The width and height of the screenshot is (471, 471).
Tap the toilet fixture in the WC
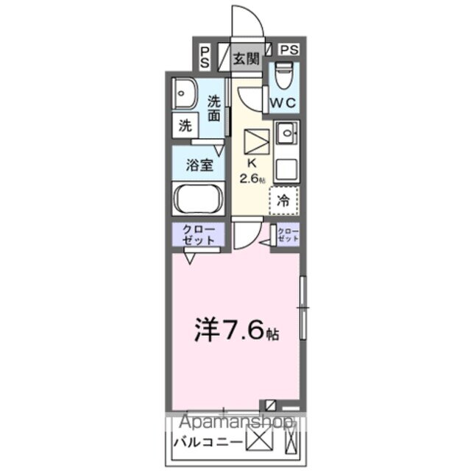pyautogui.click(x=283, y=75)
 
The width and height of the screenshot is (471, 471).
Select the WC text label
pyautogui.click(x=283, y=103)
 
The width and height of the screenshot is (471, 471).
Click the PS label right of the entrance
pyautogui.click(x=289, y=50)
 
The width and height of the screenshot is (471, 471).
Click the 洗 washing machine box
pyautogui.click(x=185, y=125)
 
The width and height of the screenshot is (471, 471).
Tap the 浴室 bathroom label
pyautogui.click(x=198, y=164)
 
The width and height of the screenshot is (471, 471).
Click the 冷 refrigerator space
pyautogui.click(x=283, y=199)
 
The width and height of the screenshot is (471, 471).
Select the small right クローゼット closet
pyautogui.click(x=288, y=235)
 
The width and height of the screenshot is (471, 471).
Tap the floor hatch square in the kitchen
pyautogui.click(x=256, y=140)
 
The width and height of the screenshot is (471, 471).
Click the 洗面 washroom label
pyautogui.click(x=213, y=108)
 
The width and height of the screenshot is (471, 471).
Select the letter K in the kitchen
pyautogui.click(x=249, y=163)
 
